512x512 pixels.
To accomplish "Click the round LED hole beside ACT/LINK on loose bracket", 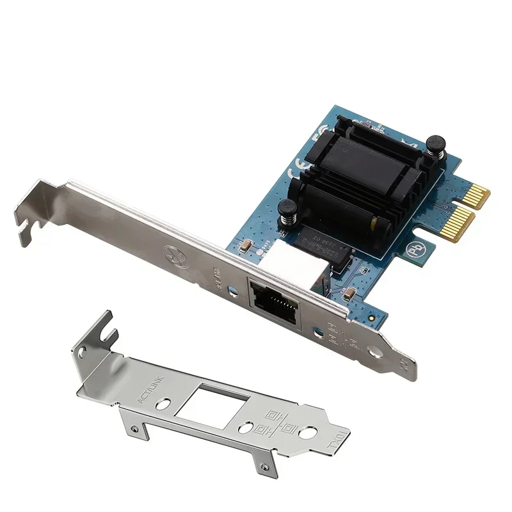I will coord(165,404).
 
